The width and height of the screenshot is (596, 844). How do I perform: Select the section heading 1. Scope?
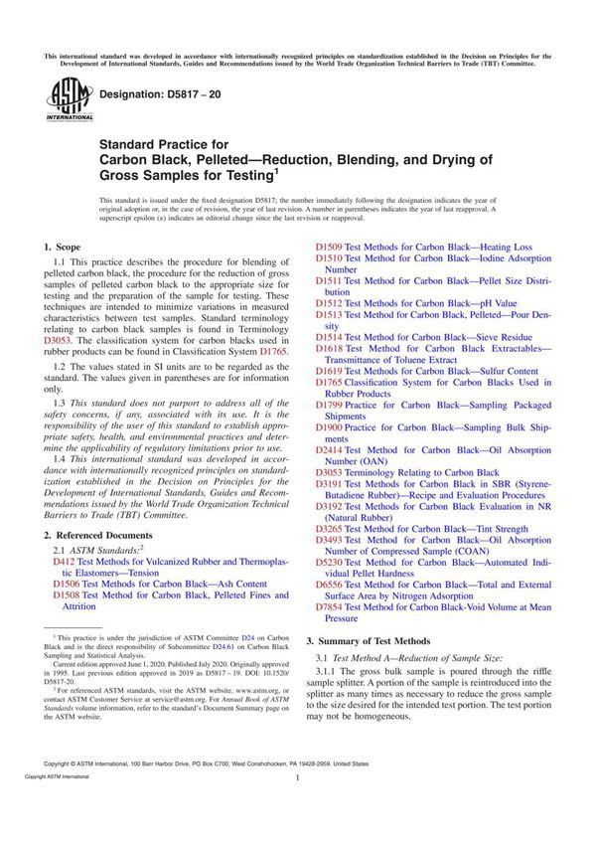click(x=68, y=246)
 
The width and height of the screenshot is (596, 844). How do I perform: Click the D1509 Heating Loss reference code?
click(x=329, y=247)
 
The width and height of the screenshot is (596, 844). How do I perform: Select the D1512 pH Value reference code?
click(x=329, y=303)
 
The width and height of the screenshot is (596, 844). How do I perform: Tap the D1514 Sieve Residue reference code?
click(x=329, y=337)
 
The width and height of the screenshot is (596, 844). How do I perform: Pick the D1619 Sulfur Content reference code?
click(x=329, y=371)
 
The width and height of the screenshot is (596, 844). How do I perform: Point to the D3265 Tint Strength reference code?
click(x=329, y=529)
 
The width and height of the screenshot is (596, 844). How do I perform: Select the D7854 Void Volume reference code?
click(x=329, y=606)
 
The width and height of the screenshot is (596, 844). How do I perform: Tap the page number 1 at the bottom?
click(x=297, y=807)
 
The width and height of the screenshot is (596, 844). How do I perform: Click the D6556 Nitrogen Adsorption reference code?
click(x=329, y=584)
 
